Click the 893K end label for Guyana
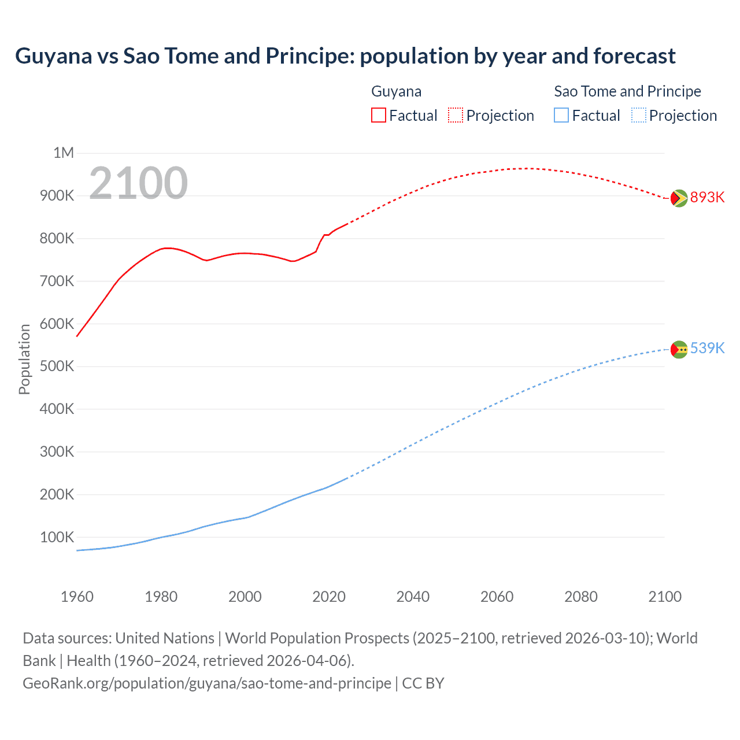(707, 197)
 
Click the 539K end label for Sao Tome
(707, 348)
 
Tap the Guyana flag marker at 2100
(679, 198)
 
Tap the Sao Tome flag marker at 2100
(679, 349)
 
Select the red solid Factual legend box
(378, 115)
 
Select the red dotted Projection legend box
(456, 115)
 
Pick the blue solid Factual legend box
(561, 115)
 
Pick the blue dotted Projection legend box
(638, 115)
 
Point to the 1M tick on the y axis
(64, 153)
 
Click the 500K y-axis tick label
(57, 366)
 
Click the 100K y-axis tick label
(57, 537)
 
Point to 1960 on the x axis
(77, 597)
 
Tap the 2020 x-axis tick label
(329, 597)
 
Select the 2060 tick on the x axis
(497, 597)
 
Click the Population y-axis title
(24, 359)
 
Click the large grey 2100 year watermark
(138, 183)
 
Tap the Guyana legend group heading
(396, 91)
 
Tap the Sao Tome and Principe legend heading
(627, 91)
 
